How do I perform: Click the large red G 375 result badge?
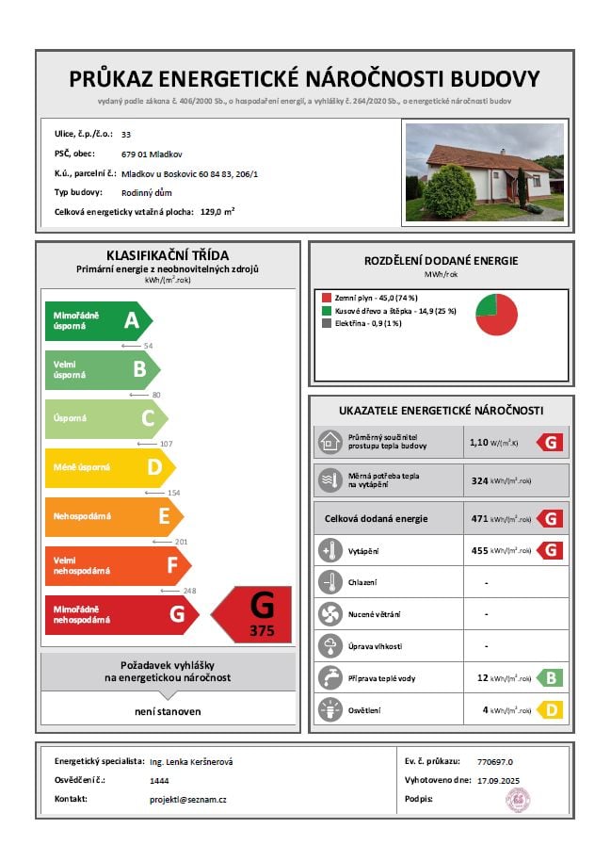(x=252, y=614)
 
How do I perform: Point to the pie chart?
(x=496, y=314)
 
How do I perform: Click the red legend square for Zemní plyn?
(x=326, y=298)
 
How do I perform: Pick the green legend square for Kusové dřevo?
(x=326, y=311)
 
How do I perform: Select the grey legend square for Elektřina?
(x=326, y=323)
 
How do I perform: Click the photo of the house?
(x=484, y=172)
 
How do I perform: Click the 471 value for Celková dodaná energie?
(x=479, y=518)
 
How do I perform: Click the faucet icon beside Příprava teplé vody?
(x=330, y=676)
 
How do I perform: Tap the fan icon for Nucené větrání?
(x=330, y=613)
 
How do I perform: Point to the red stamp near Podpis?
(x=519, y=801)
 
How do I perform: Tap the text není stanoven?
(x=168, y=711)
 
